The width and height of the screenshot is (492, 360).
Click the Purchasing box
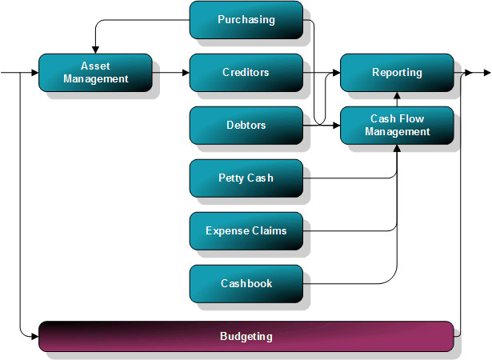click(x=246, y=20)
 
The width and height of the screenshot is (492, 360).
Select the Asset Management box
click(x=95, y=73)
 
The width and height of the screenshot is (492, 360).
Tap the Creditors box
click(x=246, y=73)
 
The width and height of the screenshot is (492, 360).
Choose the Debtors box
click(x=246, y=126)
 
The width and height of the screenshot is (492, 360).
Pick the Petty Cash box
click(x=246, y=178)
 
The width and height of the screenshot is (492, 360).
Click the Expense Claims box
click(x=246, y=231)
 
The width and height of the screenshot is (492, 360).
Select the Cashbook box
click(x=246, y=284)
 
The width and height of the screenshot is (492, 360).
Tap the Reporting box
click(x=397, y=73)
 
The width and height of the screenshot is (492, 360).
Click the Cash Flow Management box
click(x=397, y=126)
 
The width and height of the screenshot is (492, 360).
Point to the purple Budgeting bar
click(x=246, y=337)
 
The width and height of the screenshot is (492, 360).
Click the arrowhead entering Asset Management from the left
click(x=34, y=73)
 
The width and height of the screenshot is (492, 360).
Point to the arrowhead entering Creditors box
click(x=186, y=73)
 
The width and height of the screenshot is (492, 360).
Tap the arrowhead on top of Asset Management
click(x=95, y=50)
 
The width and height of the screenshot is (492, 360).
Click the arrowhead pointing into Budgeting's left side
click(x=34, y=328)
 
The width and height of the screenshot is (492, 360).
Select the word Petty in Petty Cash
click(x=231, y=178)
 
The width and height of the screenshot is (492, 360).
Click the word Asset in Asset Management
click(x=95, y=66)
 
